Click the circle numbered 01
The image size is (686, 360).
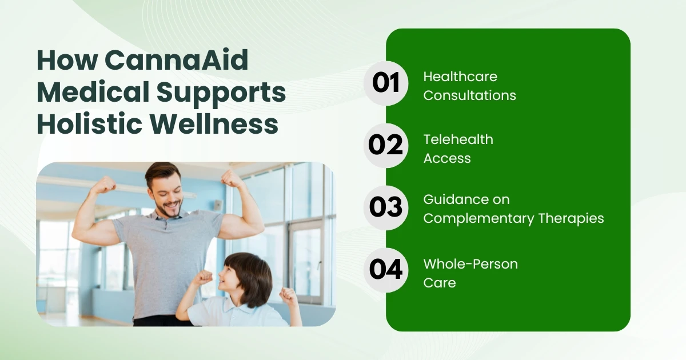tap(386, 83)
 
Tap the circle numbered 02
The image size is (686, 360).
tap(386, 145)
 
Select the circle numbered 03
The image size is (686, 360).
tap(386, 207)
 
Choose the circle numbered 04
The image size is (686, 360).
tap(386, 270)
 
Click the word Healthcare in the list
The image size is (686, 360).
tap(460, 77)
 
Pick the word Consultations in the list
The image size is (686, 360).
tap(469, 95)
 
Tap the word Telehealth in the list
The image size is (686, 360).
tap(458, 139)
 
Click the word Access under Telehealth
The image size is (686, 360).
tap(447, 158)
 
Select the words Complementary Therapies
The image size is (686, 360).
tap(513, 218)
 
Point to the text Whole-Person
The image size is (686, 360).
tap(470, 264)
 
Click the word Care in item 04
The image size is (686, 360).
tap(440, 283)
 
